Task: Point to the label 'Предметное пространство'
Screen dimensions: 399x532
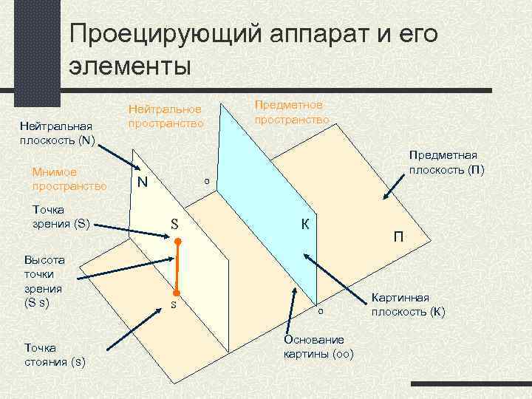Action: tap(291, 112)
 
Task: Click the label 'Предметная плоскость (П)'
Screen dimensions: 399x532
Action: tap(447, 162)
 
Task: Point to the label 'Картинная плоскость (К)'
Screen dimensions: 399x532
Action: tap(409, 304)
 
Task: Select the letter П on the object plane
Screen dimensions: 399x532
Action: tap(398, 236)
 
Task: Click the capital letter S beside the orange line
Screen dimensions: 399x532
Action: tap(175, 223)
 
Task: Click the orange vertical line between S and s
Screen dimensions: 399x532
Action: tap(177, 266)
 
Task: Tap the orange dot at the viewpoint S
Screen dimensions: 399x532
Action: tap(177, 241)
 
